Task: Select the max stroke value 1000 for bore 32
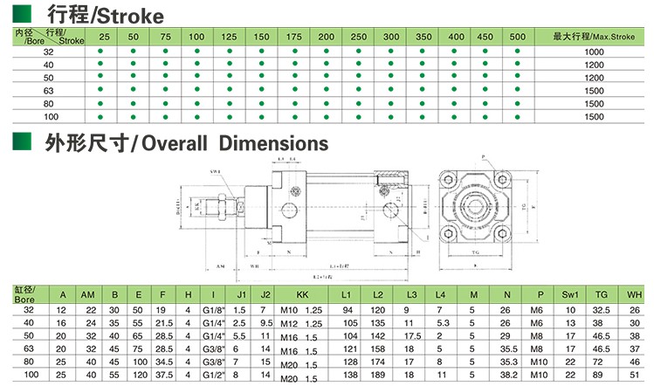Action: point(594,52)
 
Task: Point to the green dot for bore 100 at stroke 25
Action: point(103,117)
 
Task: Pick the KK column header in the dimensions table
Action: point(302,294)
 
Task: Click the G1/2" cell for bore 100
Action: point(212,375)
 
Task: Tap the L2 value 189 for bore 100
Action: point(378,375)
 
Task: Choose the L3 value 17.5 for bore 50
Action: point(413,335)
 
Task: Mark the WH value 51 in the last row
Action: point(635,375)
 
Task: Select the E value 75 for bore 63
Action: point(138,348)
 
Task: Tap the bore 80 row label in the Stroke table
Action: point(48,104)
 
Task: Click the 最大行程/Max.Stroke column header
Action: point(593,37)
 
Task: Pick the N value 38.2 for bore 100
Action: point(505,375)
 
